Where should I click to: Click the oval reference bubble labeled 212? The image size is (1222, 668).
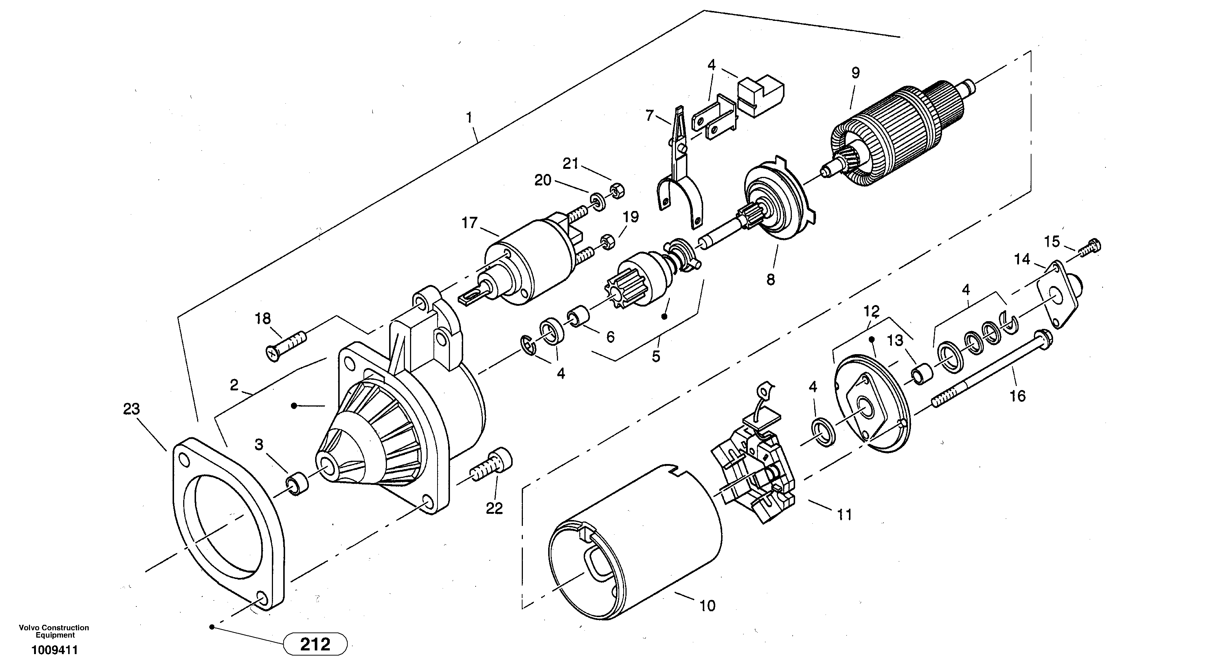click(315, 644)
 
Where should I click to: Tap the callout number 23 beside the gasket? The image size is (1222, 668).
click(132, 409)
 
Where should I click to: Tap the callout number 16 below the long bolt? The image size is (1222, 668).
click(1017, 396)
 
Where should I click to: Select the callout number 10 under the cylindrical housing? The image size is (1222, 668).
click(707, 605)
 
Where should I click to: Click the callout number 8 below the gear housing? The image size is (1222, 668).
click(770, 280)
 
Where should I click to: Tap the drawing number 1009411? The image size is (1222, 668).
click(55, 650)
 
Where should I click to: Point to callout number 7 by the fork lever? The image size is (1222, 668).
click(649, 115)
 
